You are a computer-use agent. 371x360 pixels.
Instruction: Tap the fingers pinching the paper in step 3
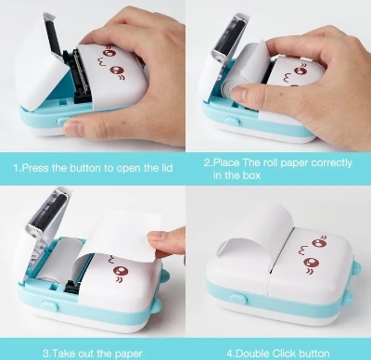[165, 243]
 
